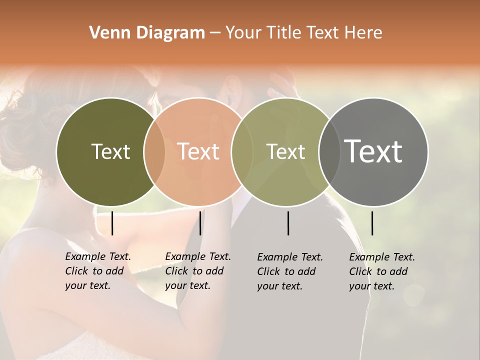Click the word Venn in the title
[x=105, y=33]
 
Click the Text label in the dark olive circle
[x=110, y=151]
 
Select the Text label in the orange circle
[x=198, y=151]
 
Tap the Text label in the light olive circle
[x=286, y=151]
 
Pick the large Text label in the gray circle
[x=373, y=151]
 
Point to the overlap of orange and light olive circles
[x=242, y=152]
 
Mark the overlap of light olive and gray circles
[x=329, y=152]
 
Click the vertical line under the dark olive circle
[x=112, y=223]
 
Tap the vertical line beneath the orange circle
[x=200, y=223]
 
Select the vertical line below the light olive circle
[x=288, y=223]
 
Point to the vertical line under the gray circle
[x=372, y=223]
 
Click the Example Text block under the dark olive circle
[x=97, y=271]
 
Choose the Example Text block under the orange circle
[x=197, y=271]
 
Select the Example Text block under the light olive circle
[x=289, y=271]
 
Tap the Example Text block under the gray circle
[x=381, y=271]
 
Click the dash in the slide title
[x=215, y=33]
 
